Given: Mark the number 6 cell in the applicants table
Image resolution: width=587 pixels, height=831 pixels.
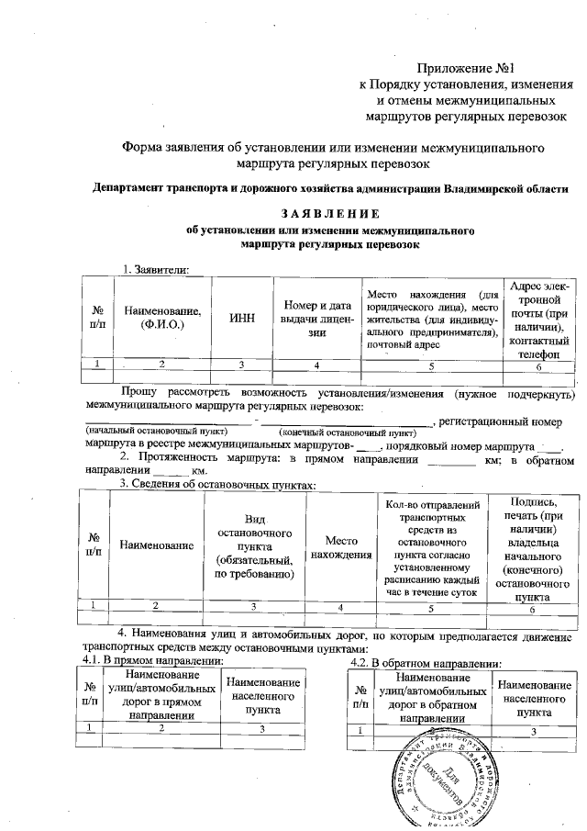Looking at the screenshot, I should (538, 365).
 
